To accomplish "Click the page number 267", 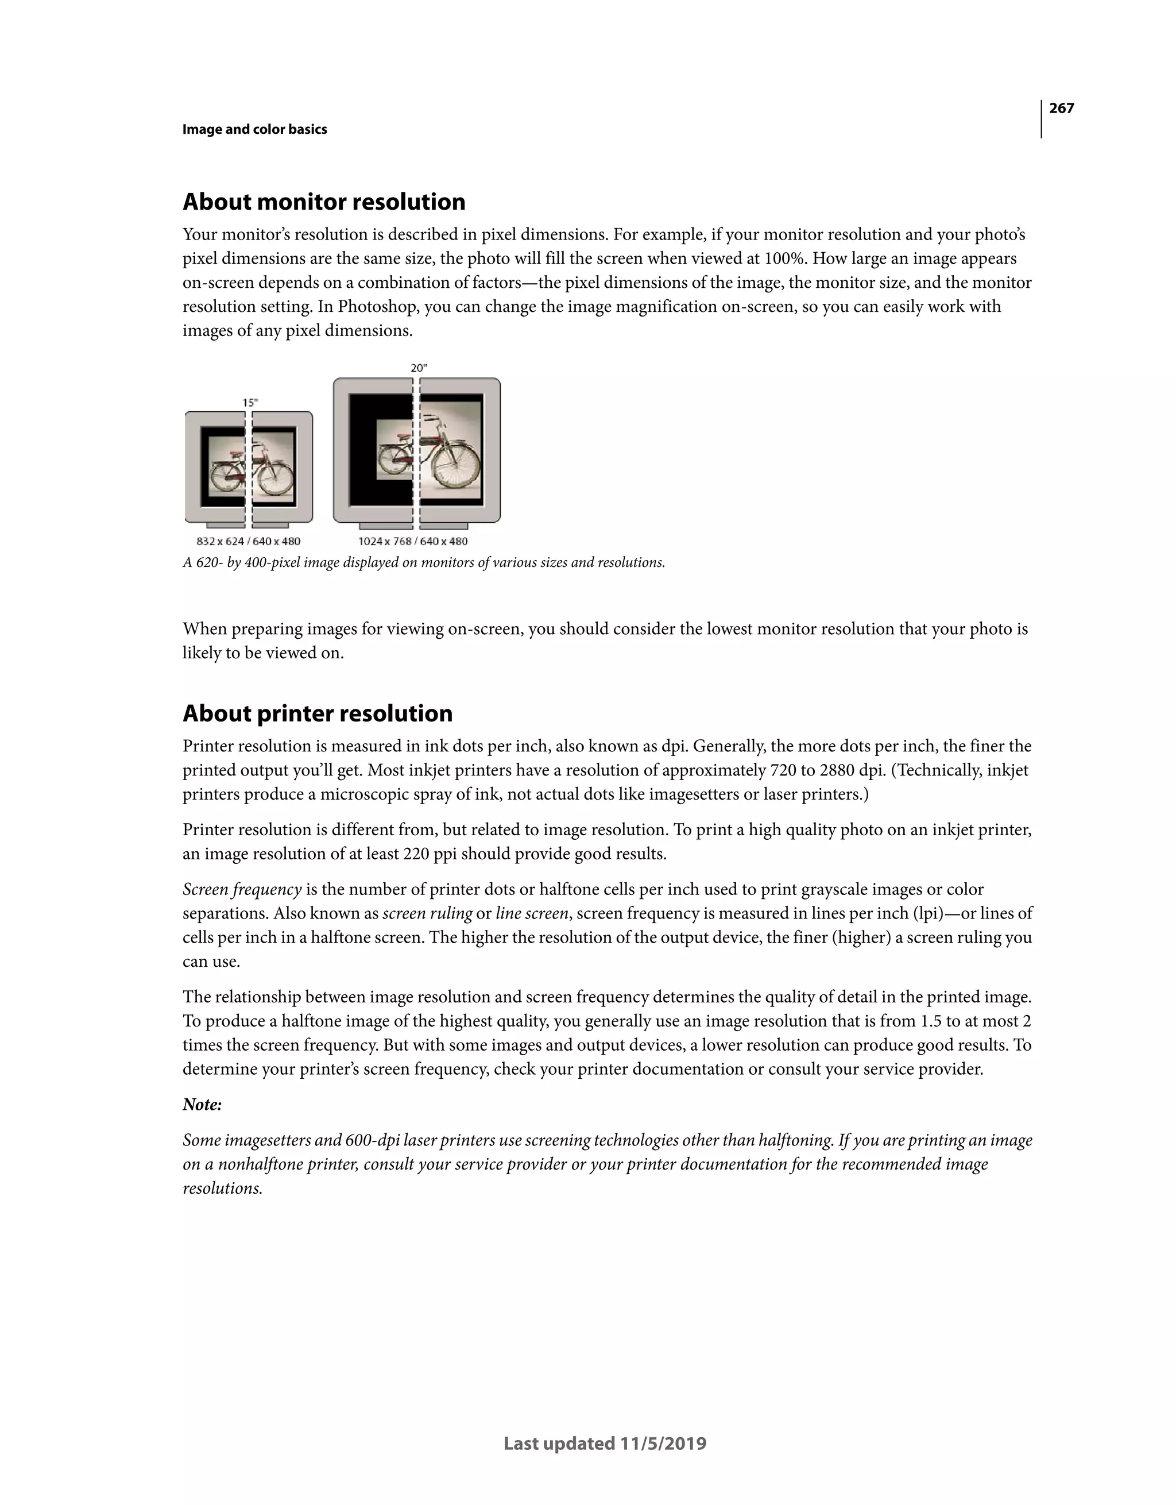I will (x=1061, y=108).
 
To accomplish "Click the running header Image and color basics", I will (x=254, y=130).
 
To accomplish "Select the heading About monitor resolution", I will (x=324, y=202).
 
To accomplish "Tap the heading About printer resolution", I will (x=317, y=713).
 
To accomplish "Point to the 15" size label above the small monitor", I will (x=250, y=403).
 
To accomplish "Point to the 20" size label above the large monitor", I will (x=419, y=368).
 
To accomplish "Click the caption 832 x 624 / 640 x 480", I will (x=248, y=542).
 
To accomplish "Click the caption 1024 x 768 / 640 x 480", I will (x=413, y=542).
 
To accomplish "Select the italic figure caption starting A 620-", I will (x=424, y=563).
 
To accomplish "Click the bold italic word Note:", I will (x=202, y=1105).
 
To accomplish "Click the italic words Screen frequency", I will (x=242, y=890).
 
